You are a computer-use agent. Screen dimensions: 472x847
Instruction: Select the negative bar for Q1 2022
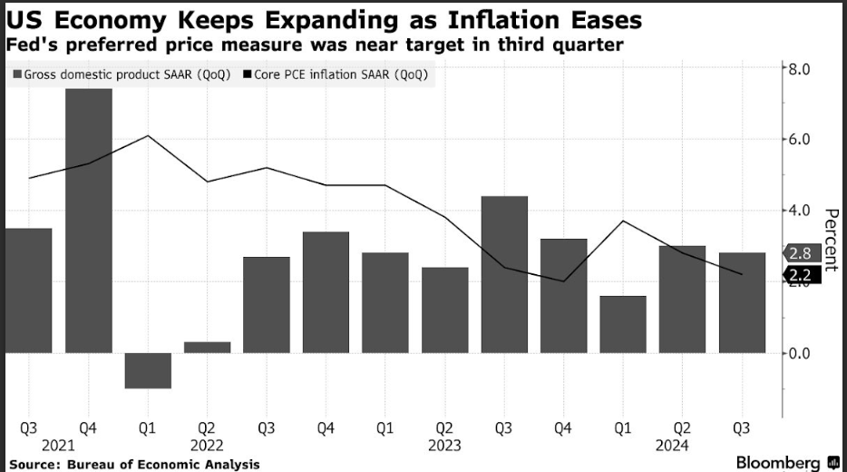coord(148,370)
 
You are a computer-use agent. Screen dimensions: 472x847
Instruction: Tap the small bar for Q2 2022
coord(208,348)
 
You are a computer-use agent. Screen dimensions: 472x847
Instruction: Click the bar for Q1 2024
coord(623,324)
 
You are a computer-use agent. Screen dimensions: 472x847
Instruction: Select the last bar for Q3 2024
coord(742,302)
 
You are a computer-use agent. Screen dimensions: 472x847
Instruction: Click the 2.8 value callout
coord(799,253)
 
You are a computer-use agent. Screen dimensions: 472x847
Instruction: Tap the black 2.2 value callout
coord(799,275)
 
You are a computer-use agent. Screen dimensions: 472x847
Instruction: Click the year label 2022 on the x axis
coord(208,446)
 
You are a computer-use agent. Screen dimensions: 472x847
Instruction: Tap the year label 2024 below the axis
coord(673,446)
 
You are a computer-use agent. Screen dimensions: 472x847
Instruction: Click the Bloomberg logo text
coord(779,463)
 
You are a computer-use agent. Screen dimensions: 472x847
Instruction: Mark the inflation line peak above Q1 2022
coord(148,135)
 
